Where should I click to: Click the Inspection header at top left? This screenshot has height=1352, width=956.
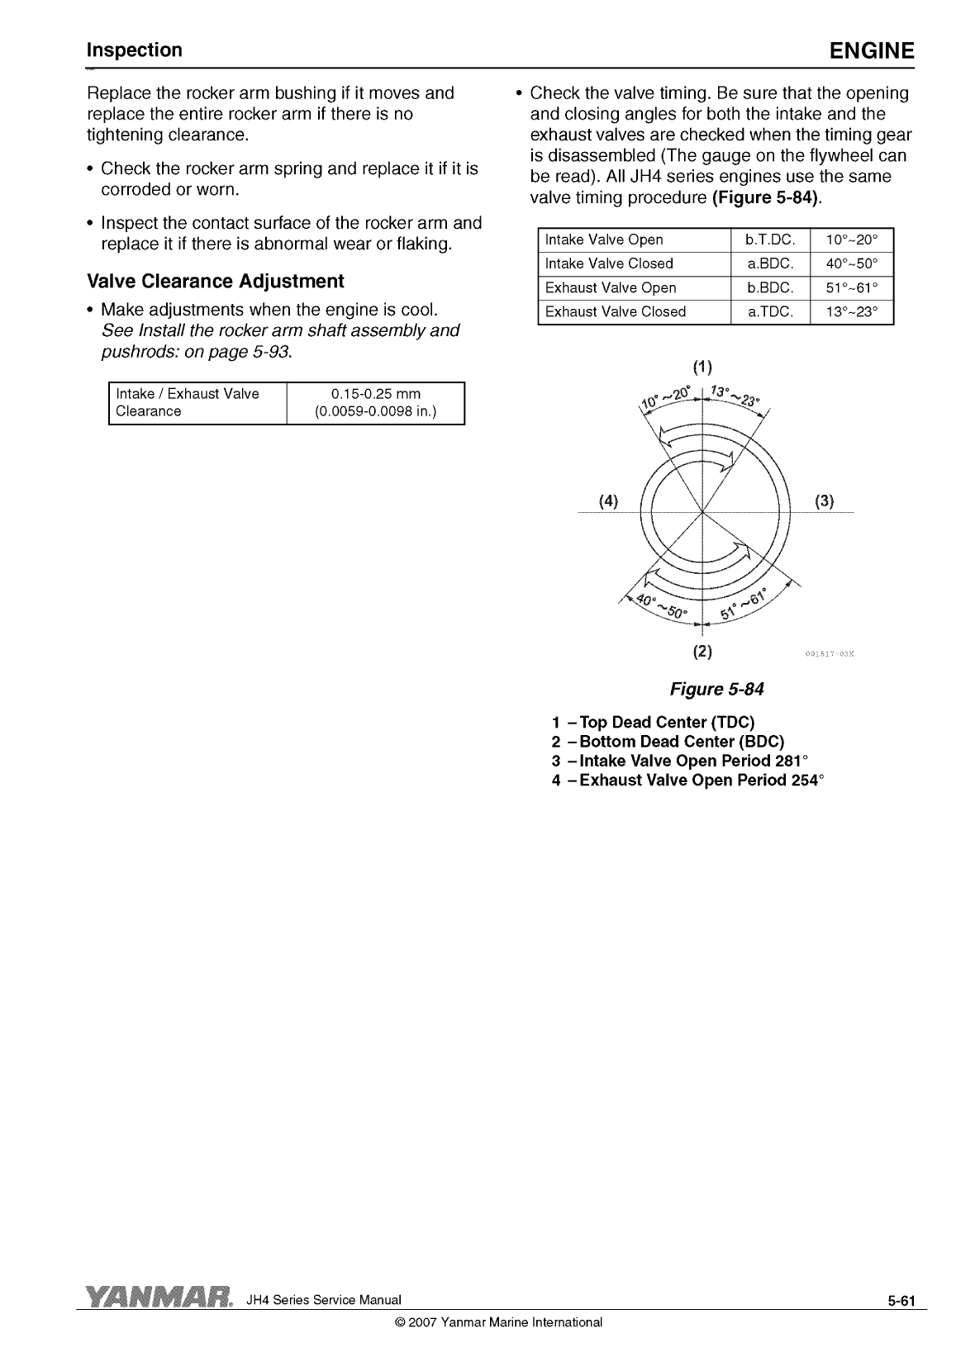[135, 50]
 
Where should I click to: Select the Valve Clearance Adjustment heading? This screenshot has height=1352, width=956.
[215, 282]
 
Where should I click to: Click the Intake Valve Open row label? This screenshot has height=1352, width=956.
[604, 240]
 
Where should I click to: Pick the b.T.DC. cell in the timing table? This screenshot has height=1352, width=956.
[769, 240]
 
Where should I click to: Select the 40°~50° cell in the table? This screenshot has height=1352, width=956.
[851, 264]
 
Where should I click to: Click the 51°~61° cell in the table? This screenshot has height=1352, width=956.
[851, 288]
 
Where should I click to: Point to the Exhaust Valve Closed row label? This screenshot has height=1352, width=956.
[616, 312]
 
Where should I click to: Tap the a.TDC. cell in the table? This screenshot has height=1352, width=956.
[769, 312]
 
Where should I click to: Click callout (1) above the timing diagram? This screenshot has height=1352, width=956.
[702, 367]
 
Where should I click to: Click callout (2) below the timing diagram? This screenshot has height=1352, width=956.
[702, 651]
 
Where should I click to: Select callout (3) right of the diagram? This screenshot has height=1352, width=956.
[824, 500]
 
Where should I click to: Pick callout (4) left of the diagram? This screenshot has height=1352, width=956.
[608, 500]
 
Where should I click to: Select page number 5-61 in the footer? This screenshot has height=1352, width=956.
[902, 1302]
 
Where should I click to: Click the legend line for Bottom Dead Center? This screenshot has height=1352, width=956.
[668, 742]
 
